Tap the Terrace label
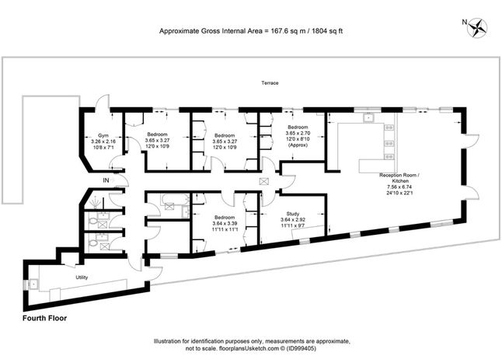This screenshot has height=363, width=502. [x=270, y=83]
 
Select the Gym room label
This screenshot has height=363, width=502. [x=103, y=135]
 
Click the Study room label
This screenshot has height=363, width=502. [x=293, y=214]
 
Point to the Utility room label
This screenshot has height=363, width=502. [x=82, y=277]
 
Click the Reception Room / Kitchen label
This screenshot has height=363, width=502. [x=399, y=178]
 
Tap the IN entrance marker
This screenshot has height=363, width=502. [x=106, y=180]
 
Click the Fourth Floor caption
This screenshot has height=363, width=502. [x=44, y=318]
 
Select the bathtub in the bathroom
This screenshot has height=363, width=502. [x=175, y=201]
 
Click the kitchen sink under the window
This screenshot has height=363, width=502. [x=368, y=117]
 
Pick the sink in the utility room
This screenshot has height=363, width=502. [x=33, y=284]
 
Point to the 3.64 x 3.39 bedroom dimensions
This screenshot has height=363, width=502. [x=225, y=223]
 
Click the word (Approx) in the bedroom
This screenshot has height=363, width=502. [x=298, y=145]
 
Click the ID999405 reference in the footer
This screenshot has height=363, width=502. [x=300, y=348]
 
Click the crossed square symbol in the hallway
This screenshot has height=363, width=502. [x=263, y=182]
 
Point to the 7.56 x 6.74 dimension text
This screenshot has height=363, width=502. [x=399, y=187]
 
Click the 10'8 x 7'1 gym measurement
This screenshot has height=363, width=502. [x=103, y=148]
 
